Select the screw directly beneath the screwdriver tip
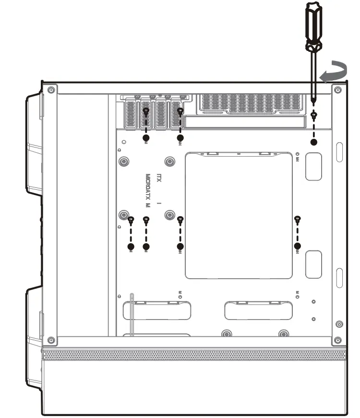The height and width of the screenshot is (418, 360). (x=314, y=115)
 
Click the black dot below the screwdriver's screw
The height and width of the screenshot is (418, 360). (x=314, y=142)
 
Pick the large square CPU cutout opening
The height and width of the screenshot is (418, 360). (x=239, y=215)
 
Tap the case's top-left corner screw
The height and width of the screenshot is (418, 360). (x=51, y=90)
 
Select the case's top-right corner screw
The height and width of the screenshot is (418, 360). (x=338, y=90)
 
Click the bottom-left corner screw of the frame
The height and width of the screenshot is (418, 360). (x=51, y=340)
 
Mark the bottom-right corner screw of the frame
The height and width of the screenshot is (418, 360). (x=338, y=340)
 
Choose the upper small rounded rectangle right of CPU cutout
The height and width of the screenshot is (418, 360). (x=313, y=167)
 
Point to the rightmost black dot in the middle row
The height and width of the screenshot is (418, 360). (x=298, y=246)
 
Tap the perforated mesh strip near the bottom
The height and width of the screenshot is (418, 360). (x=194, y=355)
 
